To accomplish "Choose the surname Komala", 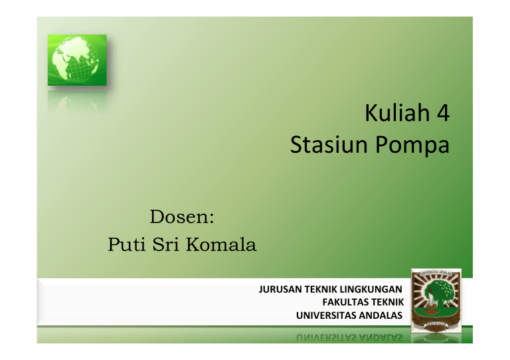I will [224, 245].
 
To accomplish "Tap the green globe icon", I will [76, 60].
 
